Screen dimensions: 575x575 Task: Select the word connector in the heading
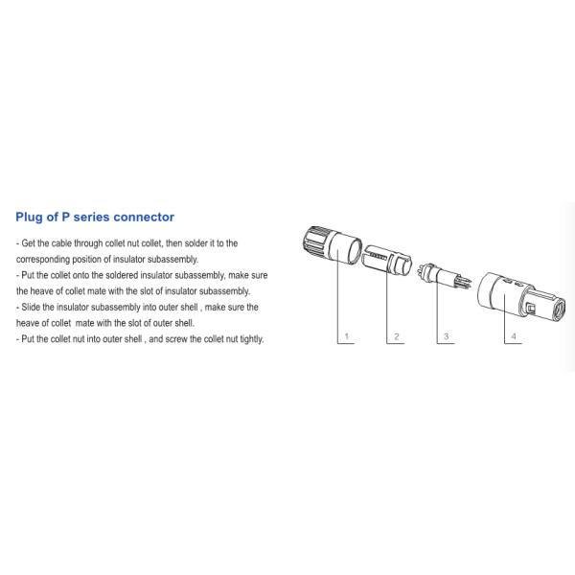pyautogui.click(x=142, y=218)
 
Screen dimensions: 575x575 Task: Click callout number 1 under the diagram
pyautogui.click(x=346, y=337)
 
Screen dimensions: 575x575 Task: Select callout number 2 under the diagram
pyautogui.click(x=394, y=337)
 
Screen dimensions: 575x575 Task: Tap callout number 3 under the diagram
pyautogui.click(x=443, y=337)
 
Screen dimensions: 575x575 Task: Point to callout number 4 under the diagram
pyautogui.click(x=514, y=337)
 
